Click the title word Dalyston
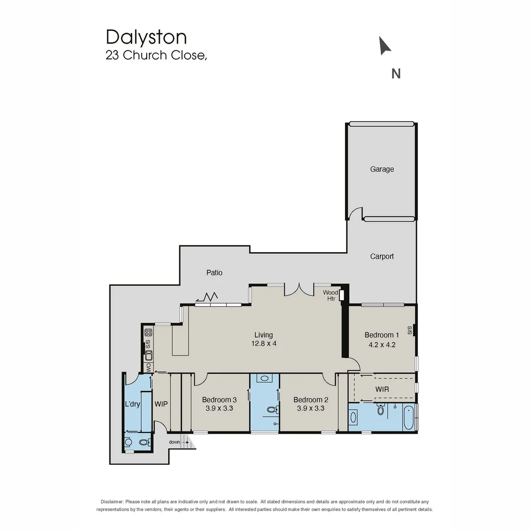pos(146,37)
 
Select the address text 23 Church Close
pos(156,55)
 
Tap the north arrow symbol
pos(385,46)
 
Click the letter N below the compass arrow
pos(396,73)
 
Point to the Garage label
pos(382,169)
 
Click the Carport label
pos(382,256)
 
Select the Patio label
pos(214,272)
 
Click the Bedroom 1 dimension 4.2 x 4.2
pos(382,344)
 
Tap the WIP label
pos(161,404)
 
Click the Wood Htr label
pos(330,295)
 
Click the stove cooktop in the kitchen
pos(148,332)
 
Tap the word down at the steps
pos(175,442)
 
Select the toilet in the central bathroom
pos(271,409)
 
